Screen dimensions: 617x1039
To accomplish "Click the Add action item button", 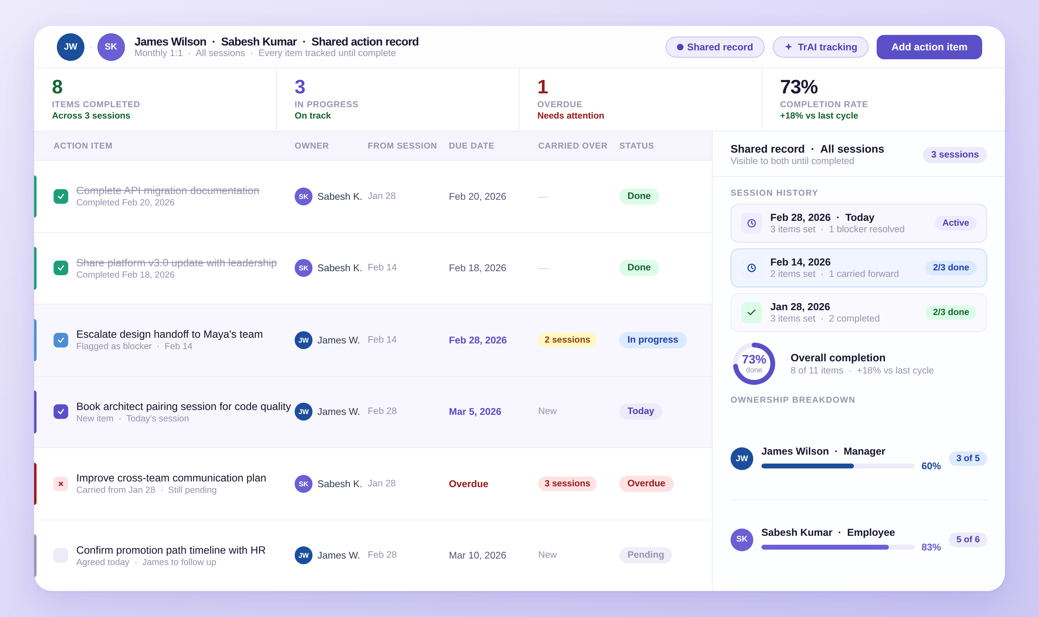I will pyautogui.click(x=929, y=47).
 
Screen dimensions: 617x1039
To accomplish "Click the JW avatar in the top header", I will pyautogui.click(x=71, y=47).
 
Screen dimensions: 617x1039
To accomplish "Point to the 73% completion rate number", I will pyautogui.click(x=798, y=87).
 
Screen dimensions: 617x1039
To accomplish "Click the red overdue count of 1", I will pyautogui.click(x=542, y=87).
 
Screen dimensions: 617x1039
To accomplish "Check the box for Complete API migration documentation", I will pyautogui.click(x=61, y=196).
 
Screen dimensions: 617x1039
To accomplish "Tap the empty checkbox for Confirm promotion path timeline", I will pyautogui.click(x=61, y=555).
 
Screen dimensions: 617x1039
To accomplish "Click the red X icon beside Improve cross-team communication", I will pyautogui.click(x=61, y=484).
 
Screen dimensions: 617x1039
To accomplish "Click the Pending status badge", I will pyautogui.click(x=645, y=555).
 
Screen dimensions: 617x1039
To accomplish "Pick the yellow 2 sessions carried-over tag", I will pyautogui.click(x=567, y=340).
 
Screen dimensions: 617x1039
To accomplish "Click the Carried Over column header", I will pyautogui.click(x=572, y=146).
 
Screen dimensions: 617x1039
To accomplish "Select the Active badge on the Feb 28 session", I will pyautogui.click(x=955, y=223).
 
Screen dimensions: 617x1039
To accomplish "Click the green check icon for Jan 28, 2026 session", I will pyautogui.click(x=751, y=312).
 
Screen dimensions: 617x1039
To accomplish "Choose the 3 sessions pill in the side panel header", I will pyautogui.click(x=954, y=155).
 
